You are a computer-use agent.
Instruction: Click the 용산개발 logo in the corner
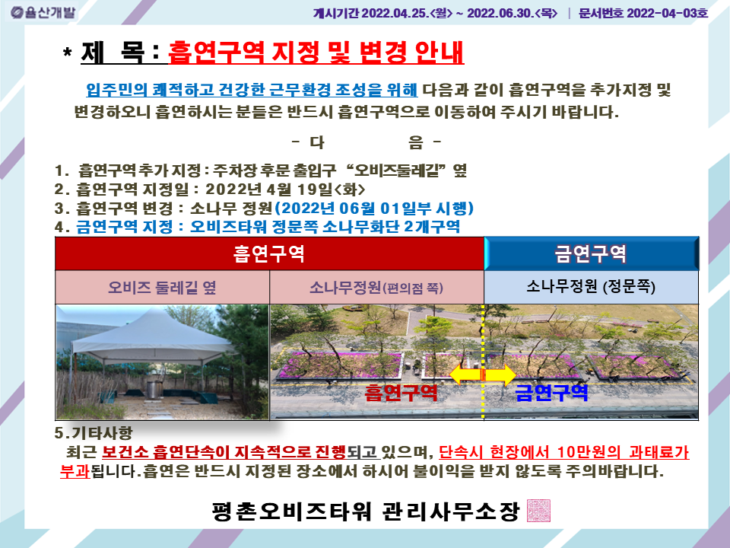[43, 13]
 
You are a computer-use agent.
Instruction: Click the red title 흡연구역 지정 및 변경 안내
[316, 53]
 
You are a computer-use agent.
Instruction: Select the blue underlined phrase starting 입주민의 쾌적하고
[252, 90]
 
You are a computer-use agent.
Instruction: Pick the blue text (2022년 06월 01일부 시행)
[374, 208]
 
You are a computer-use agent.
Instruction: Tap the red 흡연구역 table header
[269, 253]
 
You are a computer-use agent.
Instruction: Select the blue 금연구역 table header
[592, 253]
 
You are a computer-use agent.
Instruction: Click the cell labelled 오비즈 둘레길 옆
[163, 287]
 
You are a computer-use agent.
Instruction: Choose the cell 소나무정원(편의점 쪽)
[376, 287]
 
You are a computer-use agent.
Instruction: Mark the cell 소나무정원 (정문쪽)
[592, 287]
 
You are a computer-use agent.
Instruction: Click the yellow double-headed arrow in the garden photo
[483, 374]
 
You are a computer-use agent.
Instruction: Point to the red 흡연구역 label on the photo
[401, 393]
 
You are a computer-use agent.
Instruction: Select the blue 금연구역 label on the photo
[552, 393]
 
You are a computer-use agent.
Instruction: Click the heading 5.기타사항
[94, 433]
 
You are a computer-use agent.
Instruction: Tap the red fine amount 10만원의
[589, 452]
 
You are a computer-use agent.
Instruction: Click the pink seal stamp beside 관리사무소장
[538, 511]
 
